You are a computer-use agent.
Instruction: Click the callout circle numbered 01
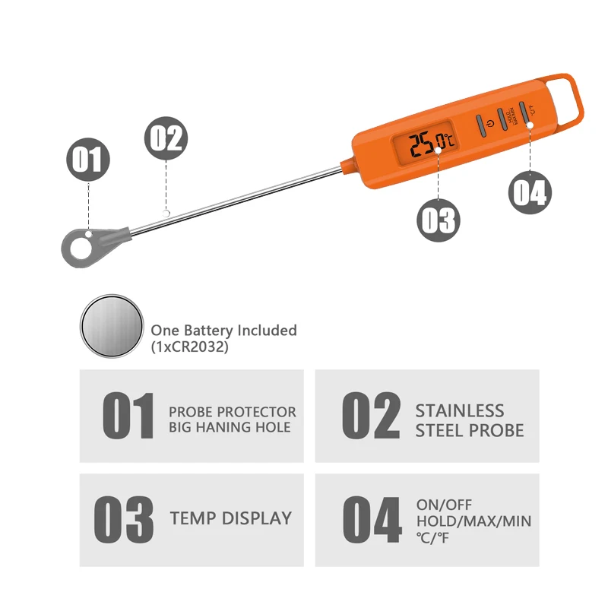click(x=89, y=160)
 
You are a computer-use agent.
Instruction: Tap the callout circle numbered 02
click(x=165, y=139)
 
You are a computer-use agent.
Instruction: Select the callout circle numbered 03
click(x=438, y=220)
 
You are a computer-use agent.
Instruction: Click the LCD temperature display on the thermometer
click(x=423, y=142)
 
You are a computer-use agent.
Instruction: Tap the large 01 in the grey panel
click(x=128, y=416)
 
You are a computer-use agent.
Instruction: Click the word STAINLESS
click(x=459, y=411)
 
